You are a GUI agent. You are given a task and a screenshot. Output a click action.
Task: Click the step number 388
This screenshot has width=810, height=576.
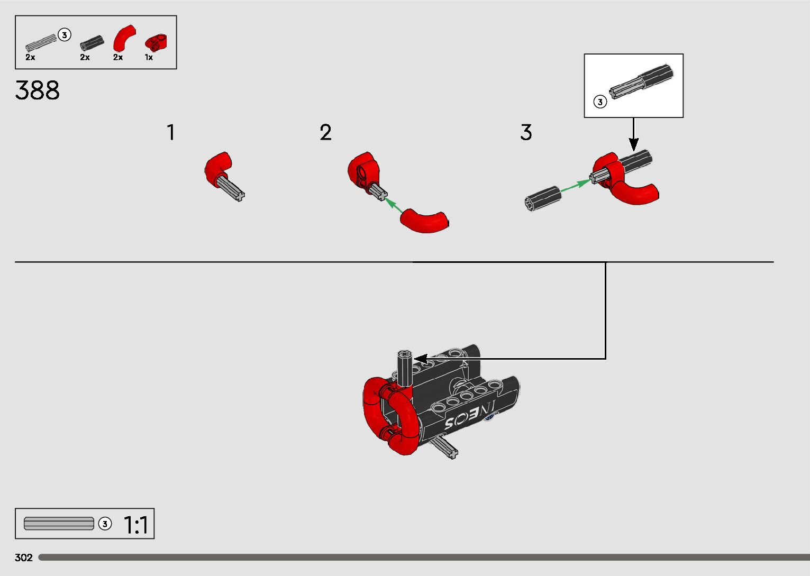[38, 90]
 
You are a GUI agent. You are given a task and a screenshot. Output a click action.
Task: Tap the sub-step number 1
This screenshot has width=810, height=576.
[170, 132]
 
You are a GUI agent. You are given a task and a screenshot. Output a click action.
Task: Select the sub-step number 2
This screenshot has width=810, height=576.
[325, 132]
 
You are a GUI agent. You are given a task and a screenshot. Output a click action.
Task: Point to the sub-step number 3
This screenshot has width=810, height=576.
[525, 132]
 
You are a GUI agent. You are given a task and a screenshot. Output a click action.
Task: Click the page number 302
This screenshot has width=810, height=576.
[24, 557]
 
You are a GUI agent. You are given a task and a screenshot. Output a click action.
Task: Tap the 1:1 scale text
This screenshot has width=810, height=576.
[136, 525]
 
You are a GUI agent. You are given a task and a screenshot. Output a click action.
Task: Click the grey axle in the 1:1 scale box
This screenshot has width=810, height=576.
[59, 524]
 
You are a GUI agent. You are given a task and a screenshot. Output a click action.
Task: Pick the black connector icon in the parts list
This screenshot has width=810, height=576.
[92, 43]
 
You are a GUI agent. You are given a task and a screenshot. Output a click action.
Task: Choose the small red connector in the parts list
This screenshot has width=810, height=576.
[156, 41]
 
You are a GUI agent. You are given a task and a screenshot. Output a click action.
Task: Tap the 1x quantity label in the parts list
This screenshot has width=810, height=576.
[149, 57]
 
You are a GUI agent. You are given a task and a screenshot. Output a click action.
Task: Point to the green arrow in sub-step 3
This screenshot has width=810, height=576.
[575, 186]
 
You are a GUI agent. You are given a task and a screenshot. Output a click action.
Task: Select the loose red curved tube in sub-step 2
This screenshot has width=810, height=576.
[425, 221]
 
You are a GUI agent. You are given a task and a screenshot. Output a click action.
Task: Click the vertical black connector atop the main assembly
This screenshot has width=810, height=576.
[405, 368]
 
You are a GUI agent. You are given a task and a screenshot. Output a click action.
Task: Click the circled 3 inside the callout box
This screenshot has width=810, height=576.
[599, 102]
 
